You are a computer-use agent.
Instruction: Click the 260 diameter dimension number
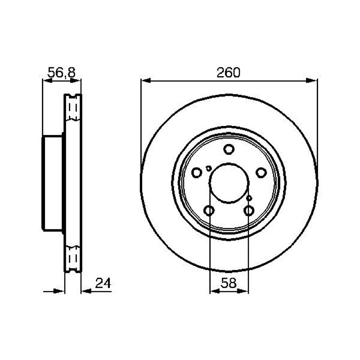tap(229, 72)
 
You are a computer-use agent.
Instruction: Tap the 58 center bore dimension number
tap(229, 283)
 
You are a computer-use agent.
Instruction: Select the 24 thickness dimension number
tap(103, 283)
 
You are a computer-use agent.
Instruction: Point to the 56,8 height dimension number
tap(62, 73)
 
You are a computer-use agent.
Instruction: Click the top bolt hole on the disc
tap(229, 149)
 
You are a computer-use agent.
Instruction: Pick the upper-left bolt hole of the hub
tap(197, 173)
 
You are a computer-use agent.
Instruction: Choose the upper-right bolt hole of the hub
tap(261, 173)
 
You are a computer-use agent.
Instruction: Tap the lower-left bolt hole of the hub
tap(209, 211)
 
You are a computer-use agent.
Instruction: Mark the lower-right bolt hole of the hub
tap(249, 211)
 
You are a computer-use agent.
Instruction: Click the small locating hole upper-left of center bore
tap(208, 168)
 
